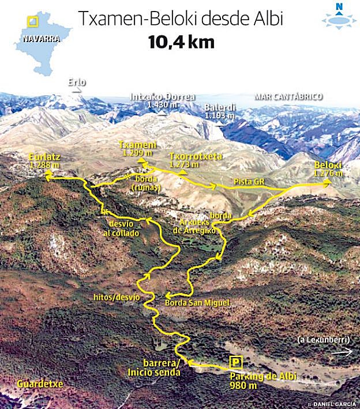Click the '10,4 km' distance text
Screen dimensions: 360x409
click(x=181, y=42)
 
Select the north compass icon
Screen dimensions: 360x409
click(x=339, y=16)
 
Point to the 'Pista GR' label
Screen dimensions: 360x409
click(x=249, y=182)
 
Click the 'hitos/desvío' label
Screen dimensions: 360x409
click(x=117, y=297)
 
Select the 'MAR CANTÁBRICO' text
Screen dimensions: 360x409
click(x=288, y=97)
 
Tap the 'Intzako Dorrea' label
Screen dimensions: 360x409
click(x=163, y=97)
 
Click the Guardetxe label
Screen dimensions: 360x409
click(x=40, y=383)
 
